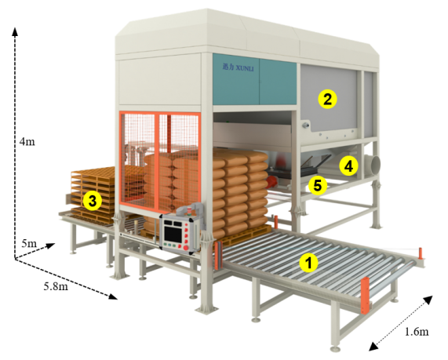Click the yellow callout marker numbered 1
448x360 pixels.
tap(308, 262)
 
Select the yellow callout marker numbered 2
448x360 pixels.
tap(327, 99)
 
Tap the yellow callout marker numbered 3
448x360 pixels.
tap(93, 202)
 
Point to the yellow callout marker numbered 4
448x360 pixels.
tap(348, 166)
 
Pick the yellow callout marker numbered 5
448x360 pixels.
tap(317, 185)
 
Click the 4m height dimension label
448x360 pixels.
tap(27, 141)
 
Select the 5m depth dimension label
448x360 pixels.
tap(30, 243)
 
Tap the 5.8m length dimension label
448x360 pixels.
tap(56, 286)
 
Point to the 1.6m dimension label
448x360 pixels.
tap(417, 332)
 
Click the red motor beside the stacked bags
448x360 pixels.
tap(272, 181)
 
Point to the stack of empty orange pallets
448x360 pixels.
tap(94, 195)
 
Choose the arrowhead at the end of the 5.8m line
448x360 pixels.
tap(114, 296)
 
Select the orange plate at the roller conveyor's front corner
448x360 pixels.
tap(365, 296)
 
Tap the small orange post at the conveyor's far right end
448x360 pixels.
tap(421, 253)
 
